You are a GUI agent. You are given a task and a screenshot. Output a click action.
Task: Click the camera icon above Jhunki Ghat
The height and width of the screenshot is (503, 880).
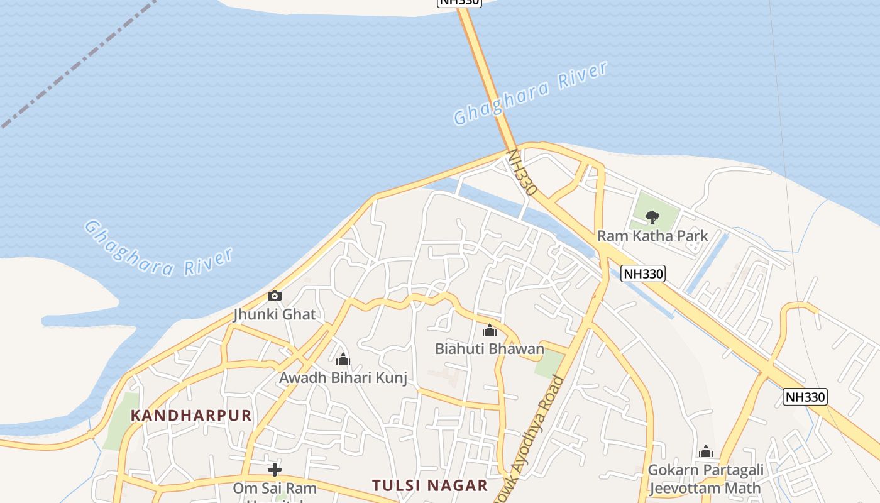point(275,296)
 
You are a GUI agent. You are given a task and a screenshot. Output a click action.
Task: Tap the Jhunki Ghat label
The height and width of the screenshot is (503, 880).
point(275,314)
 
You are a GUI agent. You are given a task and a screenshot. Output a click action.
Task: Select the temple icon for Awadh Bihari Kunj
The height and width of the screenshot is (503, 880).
point(343,359)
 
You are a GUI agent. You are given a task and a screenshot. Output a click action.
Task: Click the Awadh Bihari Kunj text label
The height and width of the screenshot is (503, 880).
point(343,378)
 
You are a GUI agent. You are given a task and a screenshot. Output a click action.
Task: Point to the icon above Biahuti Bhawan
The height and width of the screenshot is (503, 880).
point(490,330)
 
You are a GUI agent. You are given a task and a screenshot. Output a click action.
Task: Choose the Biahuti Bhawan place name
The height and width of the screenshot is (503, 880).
point(490,348)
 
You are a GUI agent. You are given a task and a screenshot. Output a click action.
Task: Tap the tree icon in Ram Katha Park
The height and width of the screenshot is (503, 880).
point(652,218)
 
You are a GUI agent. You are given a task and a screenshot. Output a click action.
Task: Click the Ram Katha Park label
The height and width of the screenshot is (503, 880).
point(652,236)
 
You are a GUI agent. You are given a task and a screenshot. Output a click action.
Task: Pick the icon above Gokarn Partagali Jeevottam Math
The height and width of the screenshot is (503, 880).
point(706,451)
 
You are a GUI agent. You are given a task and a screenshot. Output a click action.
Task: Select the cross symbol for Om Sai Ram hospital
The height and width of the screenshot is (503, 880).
point(275,470)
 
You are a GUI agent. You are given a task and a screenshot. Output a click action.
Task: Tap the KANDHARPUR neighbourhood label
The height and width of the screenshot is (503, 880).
point(192,416)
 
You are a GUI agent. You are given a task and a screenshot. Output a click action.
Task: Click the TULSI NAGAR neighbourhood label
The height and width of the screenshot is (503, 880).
point(430,485)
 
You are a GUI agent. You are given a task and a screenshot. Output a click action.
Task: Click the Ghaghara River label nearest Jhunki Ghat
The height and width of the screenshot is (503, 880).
point(158,248)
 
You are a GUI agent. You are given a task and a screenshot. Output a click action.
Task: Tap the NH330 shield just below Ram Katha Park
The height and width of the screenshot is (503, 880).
point(642,274)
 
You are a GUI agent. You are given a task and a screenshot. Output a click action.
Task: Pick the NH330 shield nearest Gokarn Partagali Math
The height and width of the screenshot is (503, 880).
point(805,397)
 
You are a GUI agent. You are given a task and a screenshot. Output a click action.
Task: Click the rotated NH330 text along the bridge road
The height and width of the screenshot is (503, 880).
point(522,171)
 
